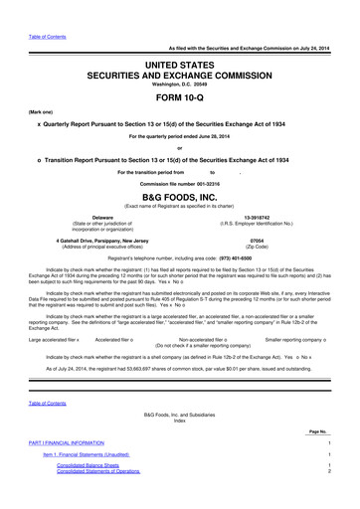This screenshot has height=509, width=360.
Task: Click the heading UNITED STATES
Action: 180,62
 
